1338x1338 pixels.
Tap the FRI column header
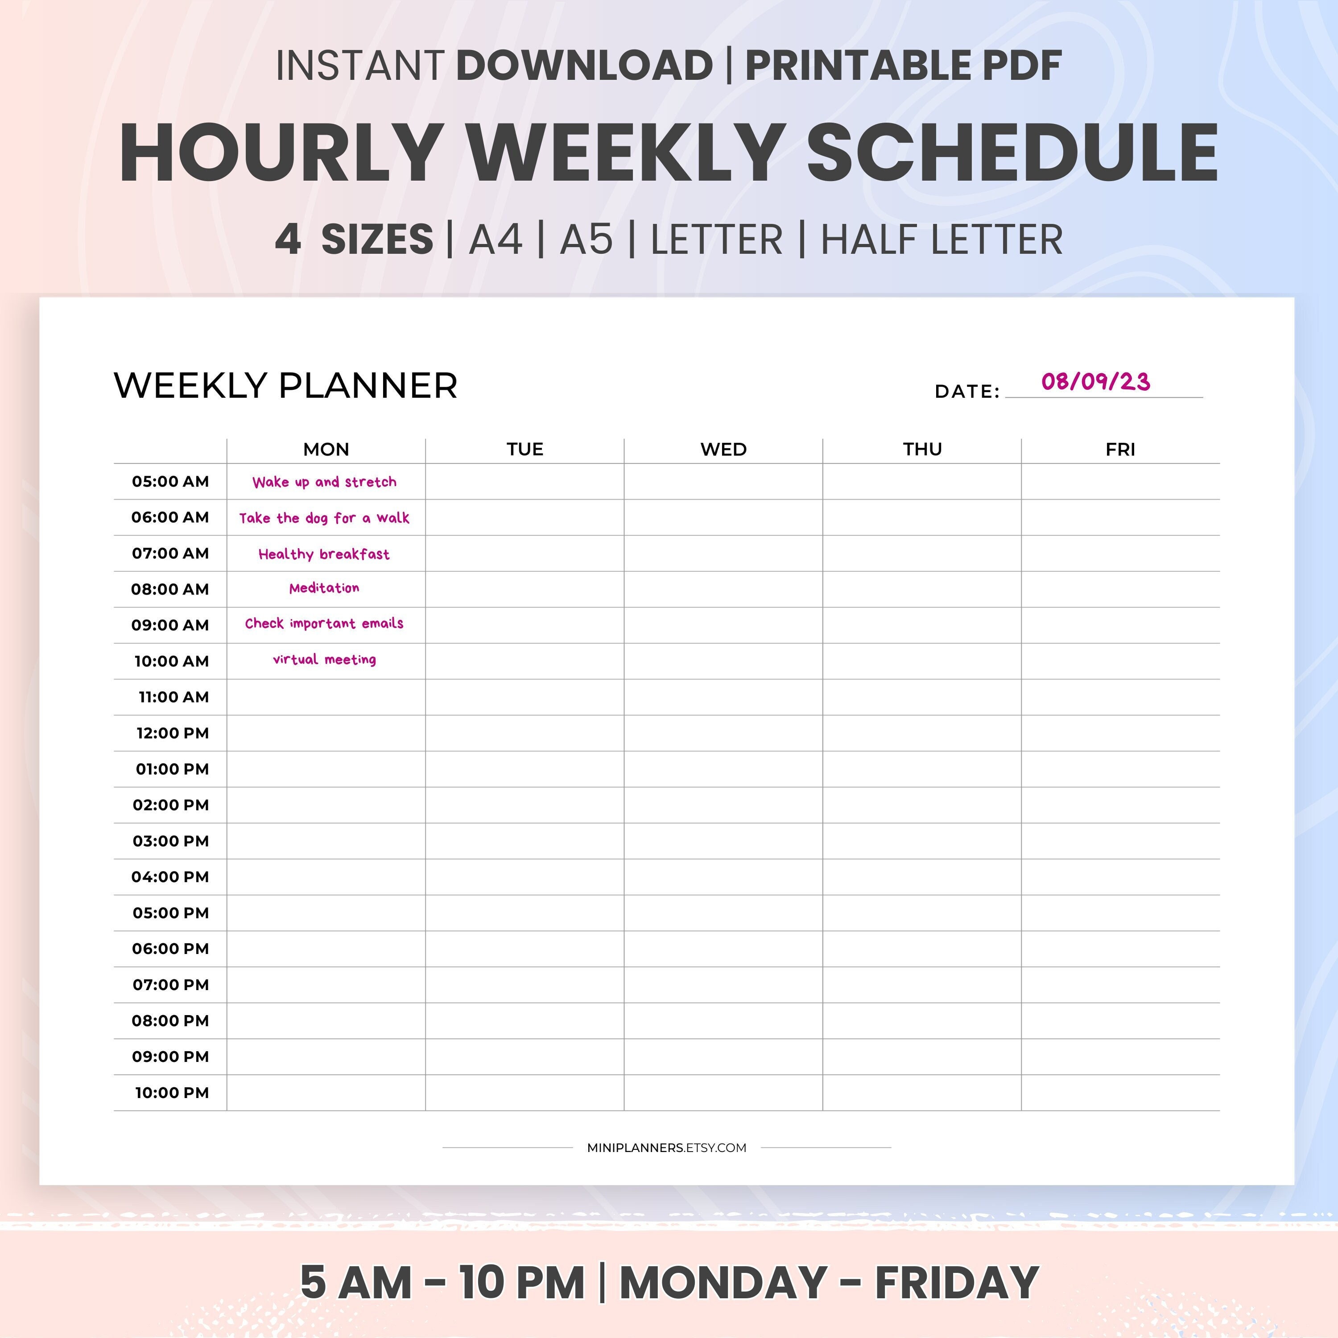tap(1120, 450)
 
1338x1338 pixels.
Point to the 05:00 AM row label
tap(170, 481)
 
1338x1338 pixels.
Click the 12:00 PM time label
tap(173, 733)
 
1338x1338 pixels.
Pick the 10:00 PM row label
tap(172, 1092)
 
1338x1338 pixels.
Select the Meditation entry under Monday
tap(324, 588)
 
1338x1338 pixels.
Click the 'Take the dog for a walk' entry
tap(324, 518)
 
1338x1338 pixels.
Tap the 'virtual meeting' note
tap(324, 659)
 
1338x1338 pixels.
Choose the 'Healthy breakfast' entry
tap(324, 554)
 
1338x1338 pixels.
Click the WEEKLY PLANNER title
tap(285, 386)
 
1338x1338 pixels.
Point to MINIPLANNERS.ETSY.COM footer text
tap(666, 1148)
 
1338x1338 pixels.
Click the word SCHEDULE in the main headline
tap(1012, 153)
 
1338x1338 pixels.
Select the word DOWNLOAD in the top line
tap(585, 66)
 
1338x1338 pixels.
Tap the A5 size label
tap(586, 240)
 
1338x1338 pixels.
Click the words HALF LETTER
tap(941, 240)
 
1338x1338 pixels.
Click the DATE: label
tap(967, 391)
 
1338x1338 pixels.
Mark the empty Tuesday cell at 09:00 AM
tap(524, 625)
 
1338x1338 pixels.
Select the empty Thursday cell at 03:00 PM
tap(922, 841)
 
